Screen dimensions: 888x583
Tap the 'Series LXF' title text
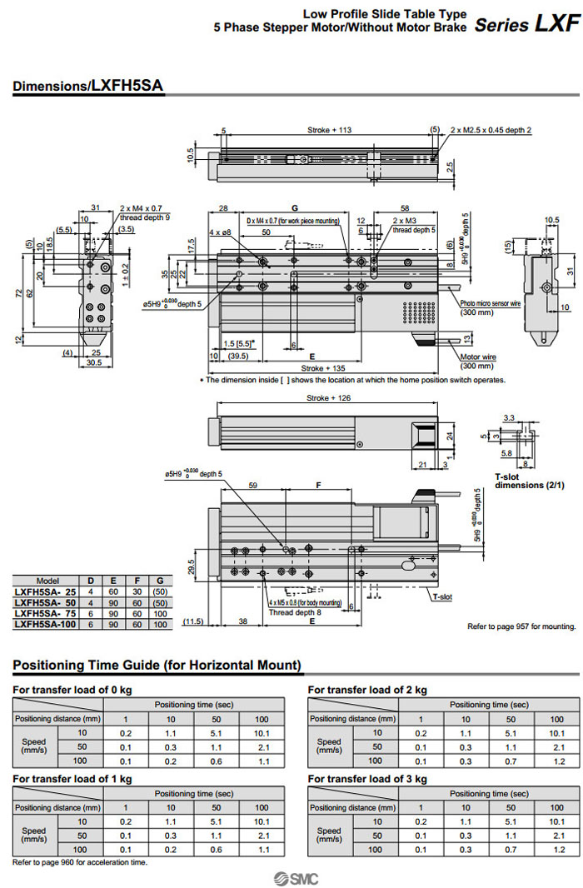526,24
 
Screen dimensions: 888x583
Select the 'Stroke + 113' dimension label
330,130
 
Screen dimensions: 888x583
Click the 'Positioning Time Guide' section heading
157,665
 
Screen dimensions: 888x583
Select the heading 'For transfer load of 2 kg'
367,690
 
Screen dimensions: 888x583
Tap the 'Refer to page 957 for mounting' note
521,626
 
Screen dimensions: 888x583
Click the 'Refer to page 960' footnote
80,862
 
